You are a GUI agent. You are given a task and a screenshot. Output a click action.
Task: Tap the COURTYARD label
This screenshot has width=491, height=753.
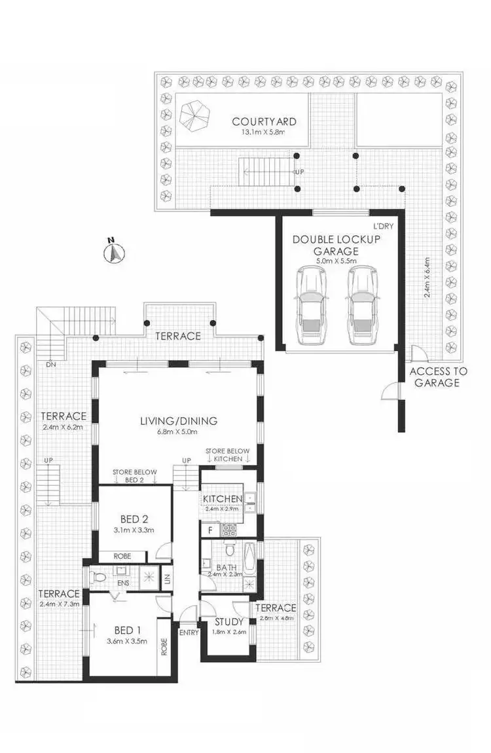[264, 122]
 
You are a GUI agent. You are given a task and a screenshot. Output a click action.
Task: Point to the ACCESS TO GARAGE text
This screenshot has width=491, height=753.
[438, 377]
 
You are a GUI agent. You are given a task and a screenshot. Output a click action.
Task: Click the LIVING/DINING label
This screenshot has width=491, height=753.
[179, 421]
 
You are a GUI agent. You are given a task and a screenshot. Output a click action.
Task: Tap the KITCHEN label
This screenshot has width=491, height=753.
[223, 499]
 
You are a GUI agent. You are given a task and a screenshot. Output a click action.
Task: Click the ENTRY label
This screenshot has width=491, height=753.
[189, 633]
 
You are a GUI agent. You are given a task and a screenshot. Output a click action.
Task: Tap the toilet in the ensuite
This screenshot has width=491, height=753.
[99, 578]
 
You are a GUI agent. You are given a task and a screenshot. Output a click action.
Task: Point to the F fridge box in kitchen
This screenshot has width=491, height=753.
[210, 528]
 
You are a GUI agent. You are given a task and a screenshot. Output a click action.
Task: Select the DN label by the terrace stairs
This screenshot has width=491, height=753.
[49, 365]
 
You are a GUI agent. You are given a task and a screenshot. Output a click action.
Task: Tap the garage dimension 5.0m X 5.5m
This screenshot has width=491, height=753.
[336, 261]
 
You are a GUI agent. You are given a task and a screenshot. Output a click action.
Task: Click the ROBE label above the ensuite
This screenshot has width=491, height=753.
[122, 556]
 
